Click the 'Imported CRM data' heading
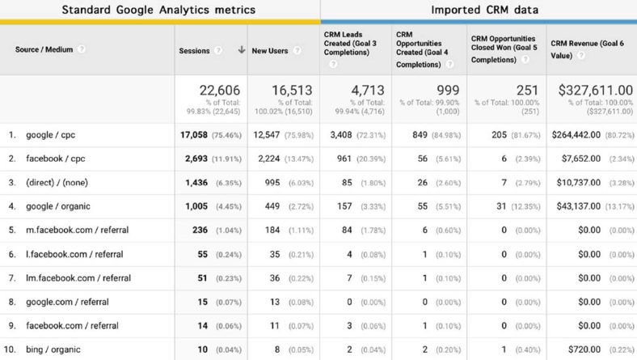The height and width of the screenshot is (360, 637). coord(479,10)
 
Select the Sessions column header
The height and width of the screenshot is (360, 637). coord(194,50)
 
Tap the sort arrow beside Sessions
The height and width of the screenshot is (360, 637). coord(241,50)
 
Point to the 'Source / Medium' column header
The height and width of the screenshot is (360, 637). coord(44,49)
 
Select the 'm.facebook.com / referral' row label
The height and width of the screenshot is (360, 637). coord(71,230)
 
